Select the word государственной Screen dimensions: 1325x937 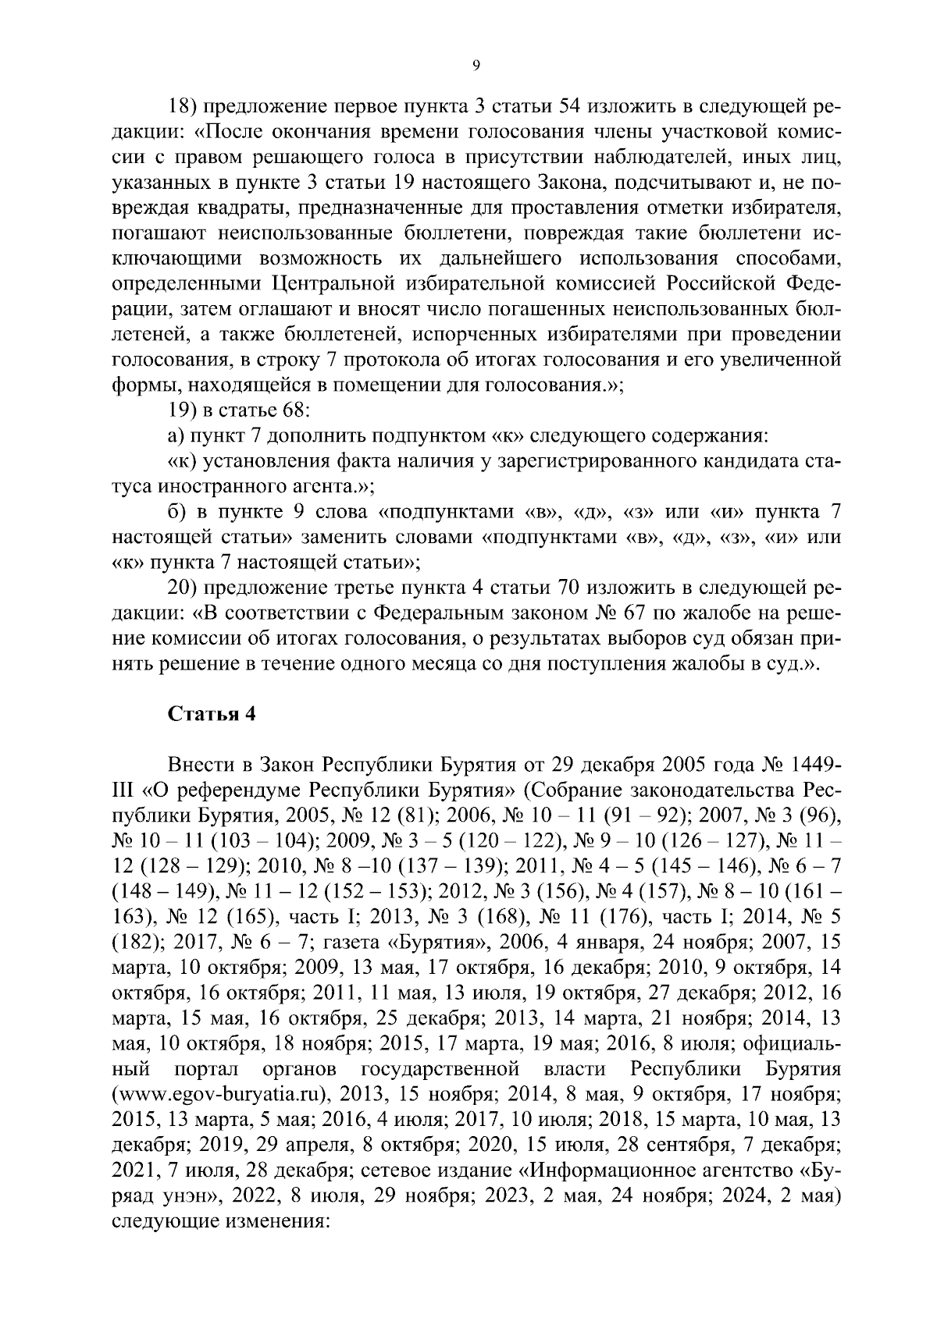click(x=441, y=1067)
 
